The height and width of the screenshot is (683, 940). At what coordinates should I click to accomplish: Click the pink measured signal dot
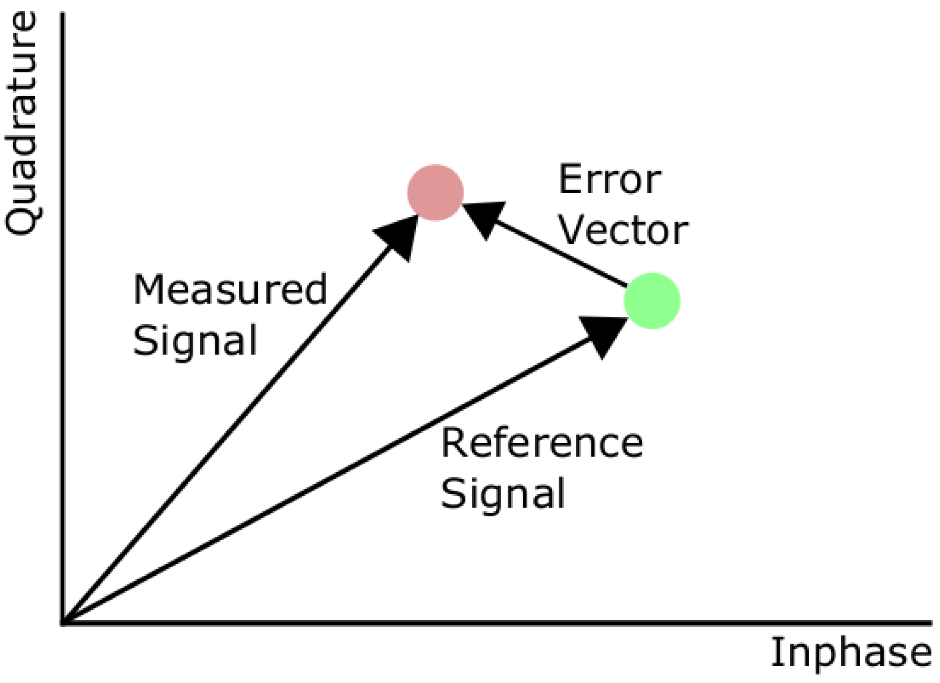(435, 192)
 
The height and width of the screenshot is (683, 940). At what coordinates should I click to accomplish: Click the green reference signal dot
(652, 301)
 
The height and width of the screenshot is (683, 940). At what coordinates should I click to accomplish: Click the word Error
(610, 180)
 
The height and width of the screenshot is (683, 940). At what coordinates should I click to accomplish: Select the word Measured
(230, 290)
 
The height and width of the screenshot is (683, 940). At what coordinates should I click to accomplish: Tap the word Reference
(541, 443)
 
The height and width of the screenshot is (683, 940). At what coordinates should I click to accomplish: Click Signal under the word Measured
(195, 340)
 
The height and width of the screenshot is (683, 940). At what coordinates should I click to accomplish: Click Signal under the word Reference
(503, 493)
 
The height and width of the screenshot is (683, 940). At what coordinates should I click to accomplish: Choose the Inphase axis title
(851, 653)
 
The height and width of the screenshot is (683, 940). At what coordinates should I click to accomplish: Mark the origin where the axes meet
(63, 623)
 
